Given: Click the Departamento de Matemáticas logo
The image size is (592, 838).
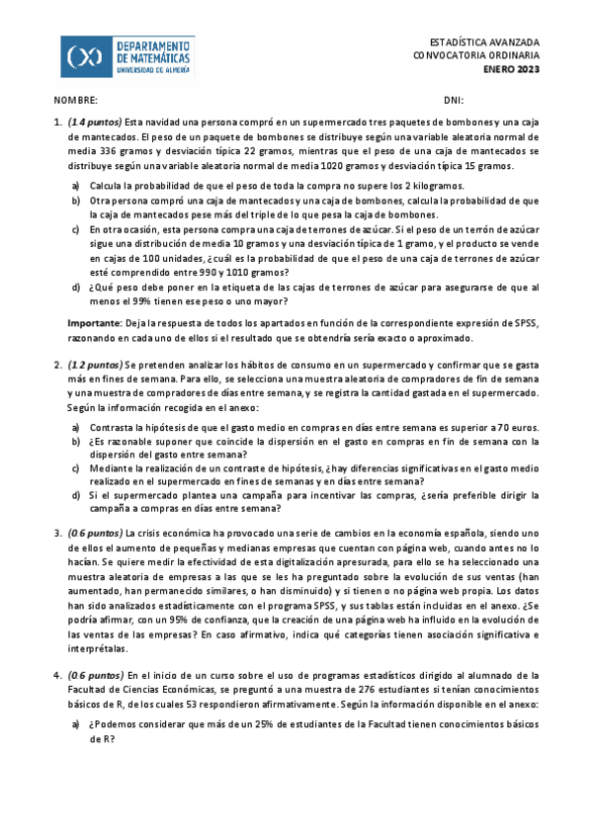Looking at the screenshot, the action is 127,56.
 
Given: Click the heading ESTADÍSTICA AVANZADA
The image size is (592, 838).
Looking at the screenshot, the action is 485,43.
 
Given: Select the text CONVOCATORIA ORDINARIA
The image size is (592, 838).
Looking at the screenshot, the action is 476,56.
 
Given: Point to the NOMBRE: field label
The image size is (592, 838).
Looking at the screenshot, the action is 76,101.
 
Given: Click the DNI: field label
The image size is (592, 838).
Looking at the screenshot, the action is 455,101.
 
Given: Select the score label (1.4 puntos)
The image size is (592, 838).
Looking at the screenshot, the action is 94,122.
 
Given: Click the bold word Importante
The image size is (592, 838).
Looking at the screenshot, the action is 93,323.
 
